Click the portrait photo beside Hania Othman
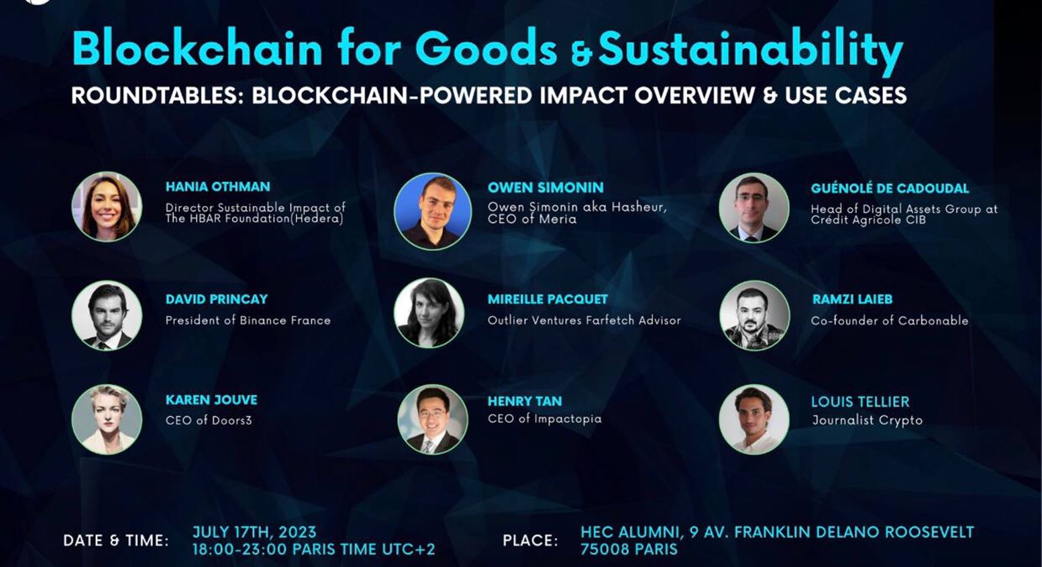coord(107,207)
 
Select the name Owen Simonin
coord(545,188)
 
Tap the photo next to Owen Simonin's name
coord(432,211)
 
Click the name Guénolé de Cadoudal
coord(890,189)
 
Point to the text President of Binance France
coord(248,321)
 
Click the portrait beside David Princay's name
coord(107,315)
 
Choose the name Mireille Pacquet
coord(548,299)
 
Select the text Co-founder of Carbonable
coord(889,321)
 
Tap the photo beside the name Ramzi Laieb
coord(754,315)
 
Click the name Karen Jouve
coord(211,400)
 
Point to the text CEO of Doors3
coord(209,421)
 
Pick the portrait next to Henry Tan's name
coord(432,420)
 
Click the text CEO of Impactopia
coord(544,419)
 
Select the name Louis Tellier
coord(860,402)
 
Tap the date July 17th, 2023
coord(254,532)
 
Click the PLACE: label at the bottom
coord(530,541)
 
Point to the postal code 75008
coord(607,550)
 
